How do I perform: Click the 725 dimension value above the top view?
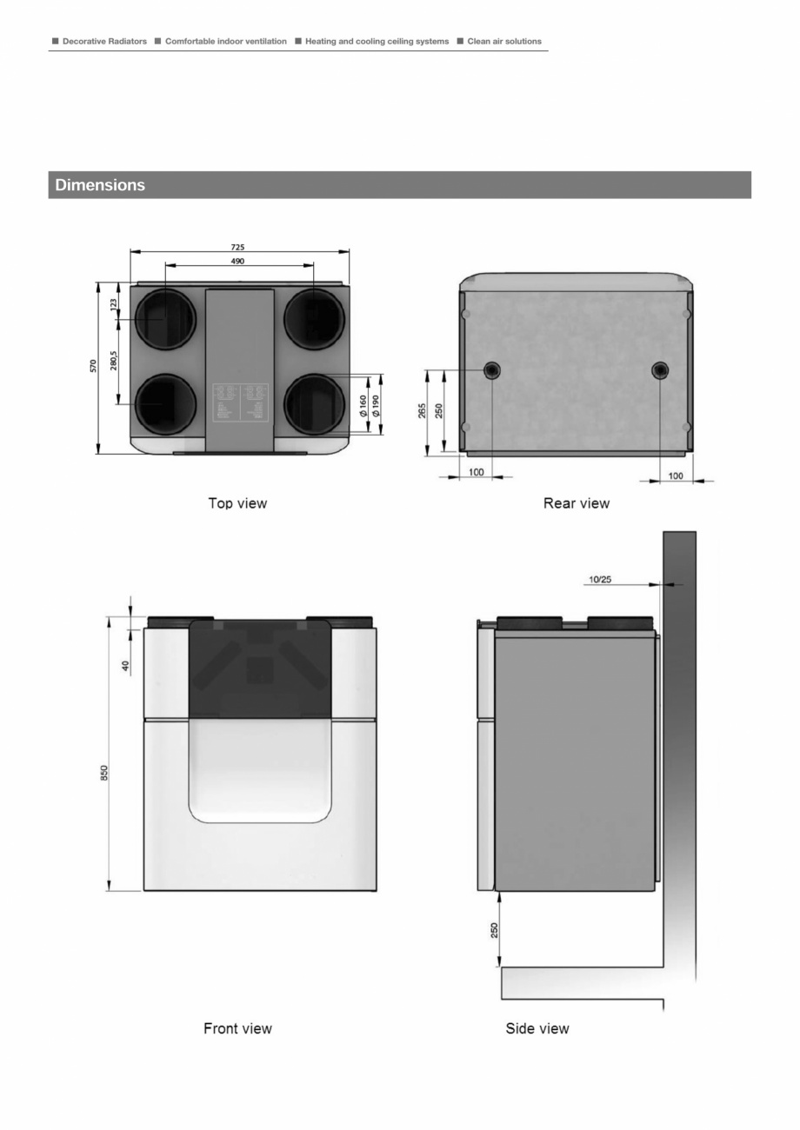[x=237, y=248]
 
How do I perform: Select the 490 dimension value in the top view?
[x=237, y=261]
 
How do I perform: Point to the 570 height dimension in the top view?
[x=94, y=366]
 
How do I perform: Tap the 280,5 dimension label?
[x=114, y=361]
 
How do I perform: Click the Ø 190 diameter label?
[x=376, y=405]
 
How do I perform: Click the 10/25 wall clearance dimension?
[x=599, y=579]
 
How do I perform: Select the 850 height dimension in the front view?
[x=103, y=774]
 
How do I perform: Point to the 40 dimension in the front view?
[x=125, y=667]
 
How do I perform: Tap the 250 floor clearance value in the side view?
[x=493, y=931]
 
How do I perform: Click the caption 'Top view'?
[x=237, y=503]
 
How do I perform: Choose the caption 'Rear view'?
[x=577, y=503]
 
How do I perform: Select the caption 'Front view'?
[x=237, y=1028]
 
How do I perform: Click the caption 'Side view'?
[x=537, y=1028]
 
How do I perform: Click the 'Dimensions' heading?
[x=100, y=185]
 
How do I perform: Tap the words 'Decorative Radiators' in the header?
[x=104, y=41]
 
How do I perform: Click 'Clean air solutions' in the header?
[x=504, y=41]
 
